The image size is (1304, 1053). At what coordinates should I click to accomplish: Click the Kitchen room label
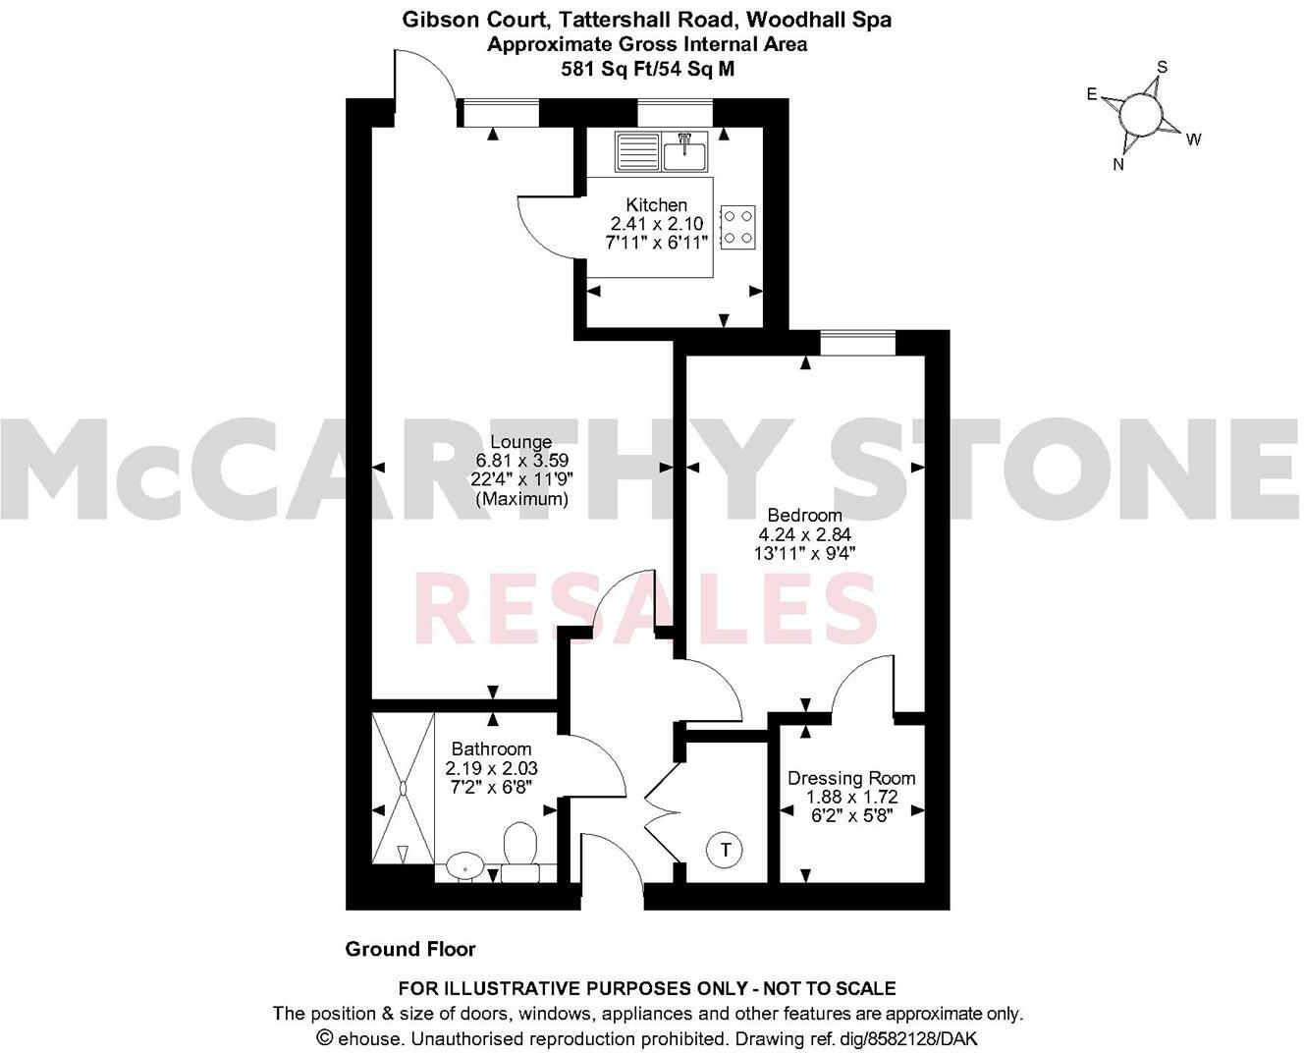tap(656, 205)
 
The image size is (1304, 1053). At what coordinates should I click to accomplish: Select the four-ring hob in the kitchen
tap(738, 225)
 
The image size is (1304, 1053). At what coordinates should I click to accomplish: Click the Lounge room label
tap(521, 442)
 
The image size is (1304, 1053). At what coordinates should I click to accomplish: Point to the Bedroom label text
tap(804, 516)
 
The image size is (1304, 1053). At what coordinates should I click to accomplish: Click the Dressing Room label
tap(851, 778)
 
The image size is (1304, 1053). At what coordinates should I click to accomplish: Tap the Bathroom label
tap(491, 749)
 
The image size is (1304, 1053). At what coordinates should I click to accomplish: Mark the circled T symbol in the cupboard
tap(726, 849)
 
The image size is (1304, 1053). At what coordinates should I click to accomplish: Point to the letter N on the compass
tap(1117, 165)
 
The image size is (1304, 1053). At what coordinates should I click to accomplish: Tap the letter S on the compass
tap(1163, 67)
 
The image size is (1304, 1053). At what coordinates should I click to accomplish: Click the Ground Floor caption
tap(410, 949)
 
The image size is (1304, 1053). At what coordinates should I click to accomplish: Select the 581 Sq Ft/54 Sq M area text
tap(647, 69)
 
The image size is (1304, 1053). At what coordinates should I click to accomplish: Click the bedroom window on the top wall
tap(858, 344)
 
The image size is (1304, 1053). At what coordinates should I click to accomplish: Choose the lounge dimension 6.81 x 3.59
tap(521, 460)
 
